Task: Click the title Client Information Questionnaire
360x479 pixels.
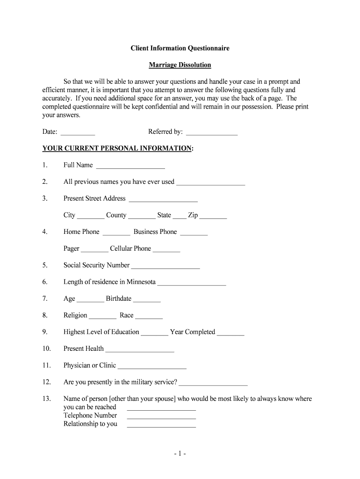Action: (180, 48)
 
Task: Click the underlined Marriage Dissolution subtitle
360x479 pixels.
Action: (180, 65)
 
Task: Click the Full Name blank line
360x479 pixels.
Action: (130, 167)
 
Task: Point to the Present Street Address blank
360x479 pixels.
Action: (163, 200)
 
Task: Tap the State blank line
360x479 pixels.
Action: (179, 217)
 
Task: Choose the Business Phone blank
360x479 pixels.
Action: (194, 233)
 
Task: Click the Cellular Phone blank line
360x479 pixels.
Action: (166, 250)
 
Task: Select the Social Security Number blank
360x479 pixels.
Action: (166, 267)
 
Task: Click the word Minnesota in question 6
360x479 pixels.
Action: (141, 282)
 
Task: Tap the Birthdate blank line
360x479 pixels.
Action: (147, 300)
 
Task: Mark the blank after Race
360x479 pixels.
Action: (149, 317)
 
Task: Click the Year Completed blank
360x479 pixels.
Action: (230, 334)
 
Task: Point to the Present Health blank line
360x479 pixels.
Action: (140, 350)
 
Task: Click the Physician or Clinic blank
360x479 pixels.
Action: (152, 367)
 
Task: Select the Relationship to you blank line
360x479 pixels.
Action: (161, 426)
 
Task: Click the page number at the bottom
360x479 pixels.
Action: (180, 454)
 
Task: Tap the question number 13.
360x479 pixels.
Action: (46, 399)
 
